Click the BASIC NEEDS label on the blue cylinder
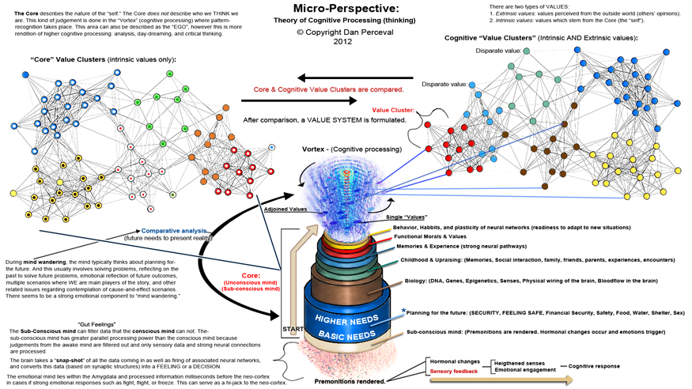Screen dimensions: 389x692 pyautogui.click(x=346, y=335)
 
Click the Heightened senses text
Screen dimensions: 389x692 pyautogui.click(x=520, y=362)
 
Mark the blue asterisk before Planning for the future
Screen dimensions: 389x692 pyautogui.click(x=403, y=310)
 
